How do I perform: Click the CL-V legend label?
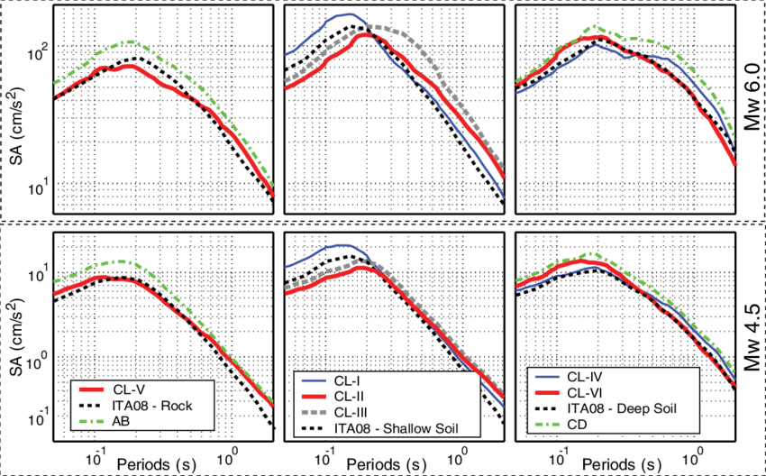129,389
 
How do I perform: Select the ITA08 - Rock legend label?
152,406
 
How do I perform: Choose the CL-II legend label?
352,396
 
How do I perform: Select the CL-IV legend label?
586,377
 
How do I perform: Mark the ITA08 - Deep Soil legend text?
622,408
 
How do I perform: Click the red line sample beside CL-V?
92,389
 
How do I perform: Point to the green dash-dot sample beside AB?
92,422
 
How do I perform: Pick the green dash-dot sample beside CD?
548,425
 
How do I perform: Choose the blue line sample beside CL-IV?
548,377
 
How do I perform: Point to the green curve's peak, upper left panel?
132,41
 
